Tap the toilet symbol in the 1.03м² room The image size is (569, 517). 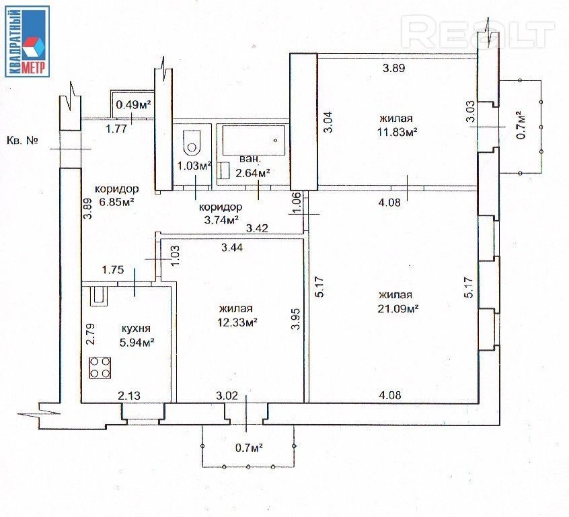[x=192, y=142]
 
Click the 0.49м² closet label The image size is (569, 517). [x=133, y=104]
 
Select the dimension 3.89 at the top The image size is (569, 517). [x=395, y=68]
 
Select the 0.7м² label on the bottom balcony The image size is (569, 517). [x=248, y=446]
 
